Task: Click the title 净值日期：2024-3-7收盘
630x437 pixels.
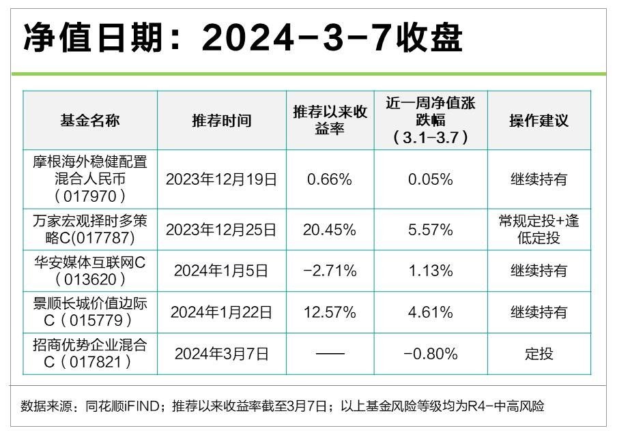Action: tap(242, 39)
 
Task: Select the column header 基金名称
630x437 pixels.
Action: tap(90, 121)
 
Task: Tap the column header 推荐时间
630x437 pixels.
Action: tap(222, 121)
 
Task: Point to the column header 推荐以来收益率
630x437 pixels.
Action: tap(330, 121)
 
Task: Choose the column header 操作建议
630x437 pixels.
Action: tap(539, 121)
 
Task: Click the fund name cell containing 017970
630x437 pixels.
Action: tap(90, 179)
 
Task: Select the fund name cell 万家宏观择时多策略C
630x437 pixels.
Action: tap(90, 229)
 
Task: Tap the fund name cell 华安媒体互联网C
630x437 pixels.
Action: tap(90, 271)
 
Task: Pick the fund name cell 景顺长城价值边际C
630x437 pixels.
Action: tap(90, 312)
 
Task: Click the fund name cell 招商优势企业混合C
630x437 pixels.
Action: tap(90, 353)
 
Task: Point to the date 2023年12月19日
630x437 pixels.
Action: tap(222, 179)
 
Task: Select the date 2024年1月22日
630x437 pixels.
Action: tap(222, 312)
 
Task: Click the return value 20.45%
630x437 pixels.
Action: tap(330, 230)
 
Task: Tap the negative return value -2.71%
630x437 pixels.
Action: tap(330, 271)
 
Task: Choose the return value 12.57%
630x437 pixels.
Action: tap(330, 312)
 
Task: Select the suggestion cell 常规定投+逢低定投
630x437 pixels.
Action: tap(539, 229)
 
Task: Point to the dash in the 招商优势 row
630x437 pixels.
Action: tap(330, 354)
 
